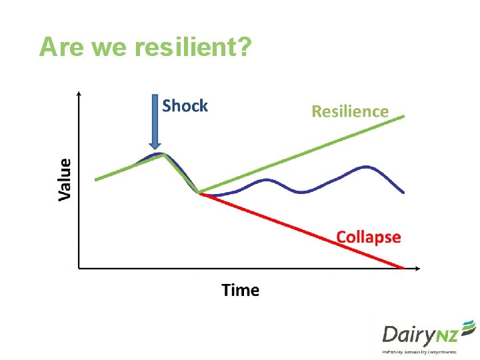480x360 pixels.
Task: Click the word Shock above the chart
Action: pos(185,106)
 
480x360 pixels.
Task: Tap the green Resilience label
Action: pos(350,111)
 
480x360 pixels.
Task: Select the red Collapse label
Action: pos(368,237)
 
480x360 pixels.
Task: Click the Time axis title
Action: pos(240,290)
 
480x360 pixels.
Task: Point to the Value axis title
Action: pos(64,179)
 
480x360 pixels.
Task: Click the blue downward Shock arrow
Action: pos(155,123)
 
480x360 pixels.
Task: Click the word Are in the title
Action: pos(62,47)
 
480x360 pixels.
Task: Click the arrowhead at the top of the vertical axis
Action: pos(79,94)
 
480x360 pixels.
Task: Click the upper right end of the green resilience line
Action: pos(403,116)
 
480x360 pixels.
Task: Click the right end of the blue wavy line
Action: pos(403,192)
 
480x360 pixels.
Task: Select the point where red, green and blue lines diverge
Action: pos(199,193)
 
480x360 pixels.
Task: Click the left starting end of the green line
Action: pos(97,179)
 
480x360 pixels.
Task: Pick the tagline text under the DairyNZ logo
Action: pos(419,351)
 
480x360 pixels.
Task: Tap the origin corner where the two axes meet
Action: pos(79,269)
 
